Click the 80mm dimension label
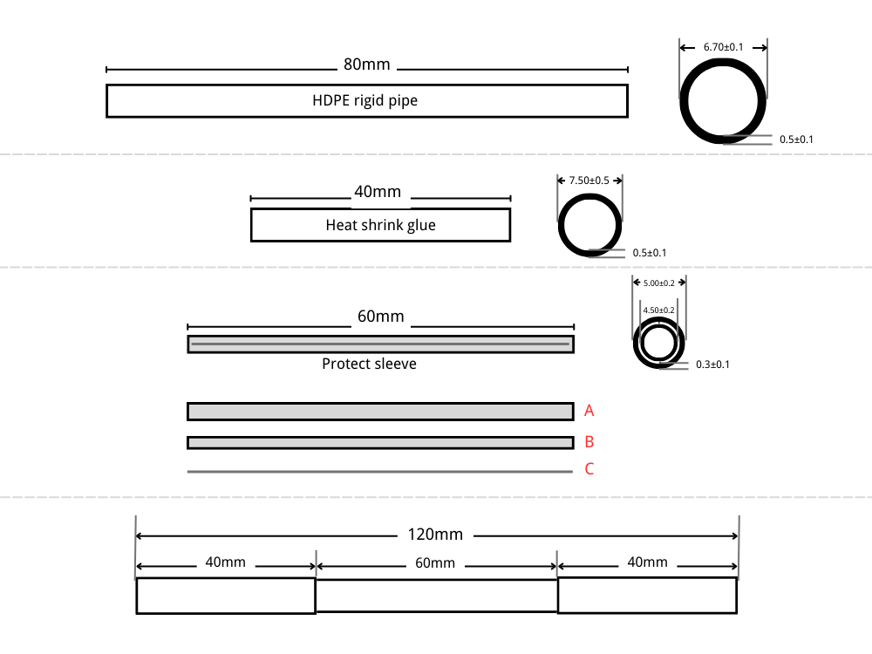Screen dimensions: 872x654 click(x=366, y=65)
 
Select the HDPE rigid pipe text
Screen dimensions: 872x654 click(x=364, y=100)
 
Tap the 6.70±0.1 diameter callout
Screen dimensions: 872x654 click(x=723, y=47)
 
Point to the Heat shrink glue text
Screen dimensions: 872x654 click(x=380, y=225)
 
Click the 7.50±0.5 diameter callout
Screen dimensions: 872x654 click(x=589, y=181)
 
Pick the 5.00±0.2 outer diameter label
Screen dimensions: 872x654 click(x=659, y=283)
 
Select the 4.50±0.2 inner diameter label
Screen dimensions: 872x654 click(x=658, y=310)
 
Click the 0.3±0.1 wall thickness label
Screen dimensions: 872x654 click(x=712, y=364)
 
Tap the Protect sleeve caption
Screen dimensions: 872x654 click(x=369, y=364)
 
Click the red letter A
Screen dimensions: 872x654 click(x=589, y=411)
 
